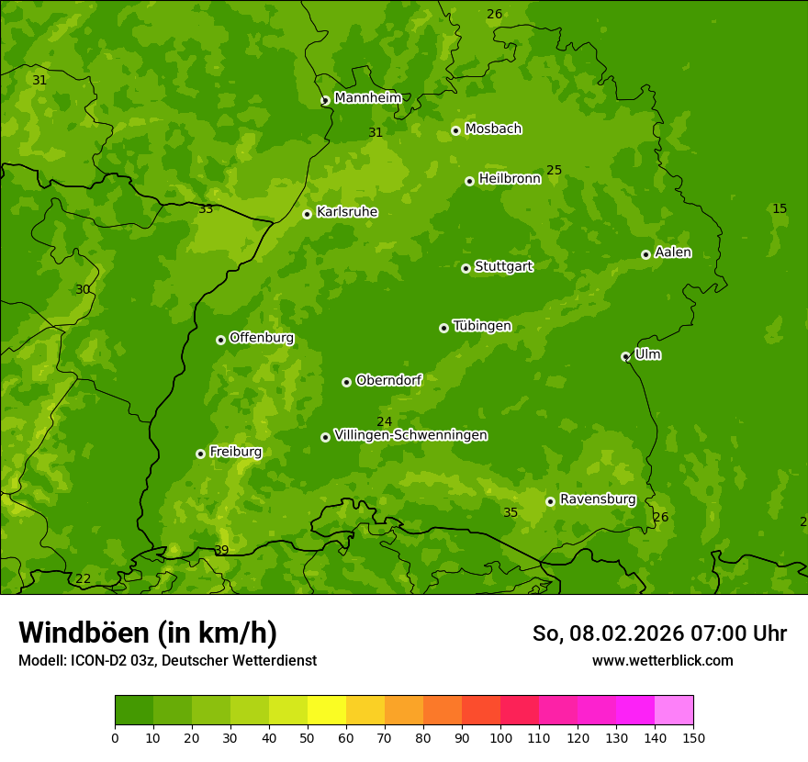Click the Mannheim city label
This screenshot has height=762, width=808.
367,97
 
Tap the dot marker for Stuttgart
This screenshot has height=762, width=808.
466,268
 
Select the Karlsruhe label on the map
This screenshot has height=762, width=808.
346,212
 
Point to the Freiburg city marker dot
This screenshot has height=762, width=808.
200,454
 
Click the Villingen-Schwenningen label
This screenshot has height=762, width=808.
410,435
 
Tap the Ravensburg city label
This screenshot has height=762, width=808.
597,499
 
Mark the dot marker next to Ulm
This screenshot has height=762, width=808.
625,356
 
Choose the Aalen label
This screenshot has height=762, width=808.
672,252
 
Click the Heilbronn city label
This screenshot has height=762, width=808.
509,179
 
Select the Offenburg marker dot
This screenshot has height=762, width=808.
220,340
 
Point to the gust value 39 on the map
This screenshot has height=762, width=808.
221,550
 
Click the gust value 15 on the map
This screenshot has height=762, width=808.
780,208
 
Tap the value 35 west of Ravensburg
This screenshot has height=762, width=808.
511,512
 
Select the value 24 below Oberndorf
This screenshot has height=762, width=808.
385,421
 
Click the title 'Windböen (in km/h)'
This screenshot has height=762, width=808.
148,633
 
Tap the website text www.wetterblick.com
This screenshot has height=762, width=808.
662,660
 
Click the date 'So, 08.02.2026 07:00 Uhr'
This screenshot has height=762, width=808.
659,633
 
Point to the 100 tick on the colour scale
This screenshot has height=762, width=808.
500,737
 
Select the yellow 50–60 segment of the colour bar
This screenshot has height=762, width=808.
327,710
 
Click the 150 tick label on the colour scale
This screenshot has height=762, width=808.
693,737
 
